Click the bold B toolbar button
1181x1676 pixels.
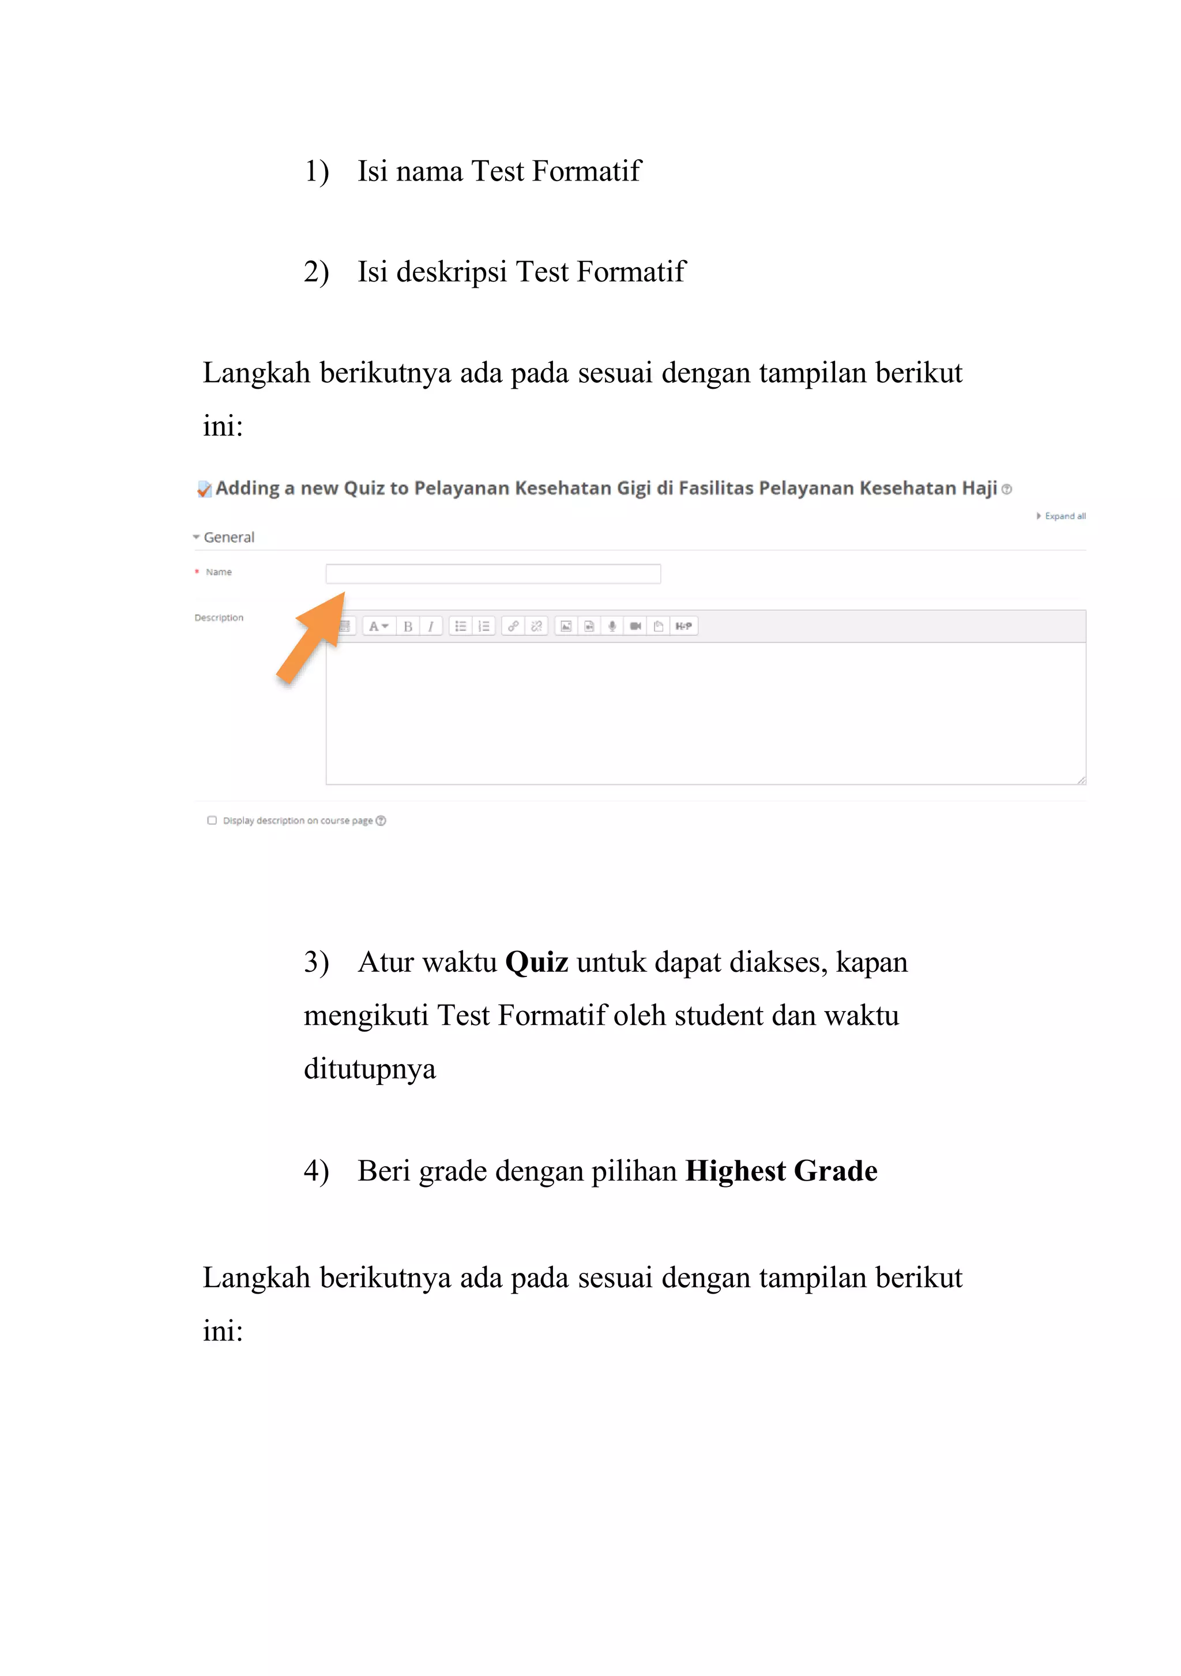coord(408,626)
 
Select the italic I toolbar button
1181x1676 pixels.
coord(431,626)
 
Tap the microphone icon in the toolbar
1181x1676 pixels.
coord(612,626)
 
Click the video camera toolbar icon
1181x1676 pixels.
coord(635,626)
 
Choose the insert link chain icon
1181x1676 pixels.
coord(513,626)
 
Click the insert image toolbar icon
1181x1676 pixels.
coord(566,626)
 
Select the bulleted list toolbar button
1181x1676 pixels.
coord(460,626)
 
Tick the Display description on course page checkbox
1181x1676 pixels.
coord(212,821)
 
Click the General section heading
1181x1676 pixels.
coord(228,538)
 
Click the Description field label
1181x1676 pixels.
coord(219,618)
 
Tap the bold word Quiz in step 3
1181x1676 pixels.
coord(536,962)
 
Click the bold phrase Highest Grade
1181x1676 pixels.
coord(780,1171)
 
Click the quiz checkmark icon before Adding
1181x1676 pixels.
coord(204,489)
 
